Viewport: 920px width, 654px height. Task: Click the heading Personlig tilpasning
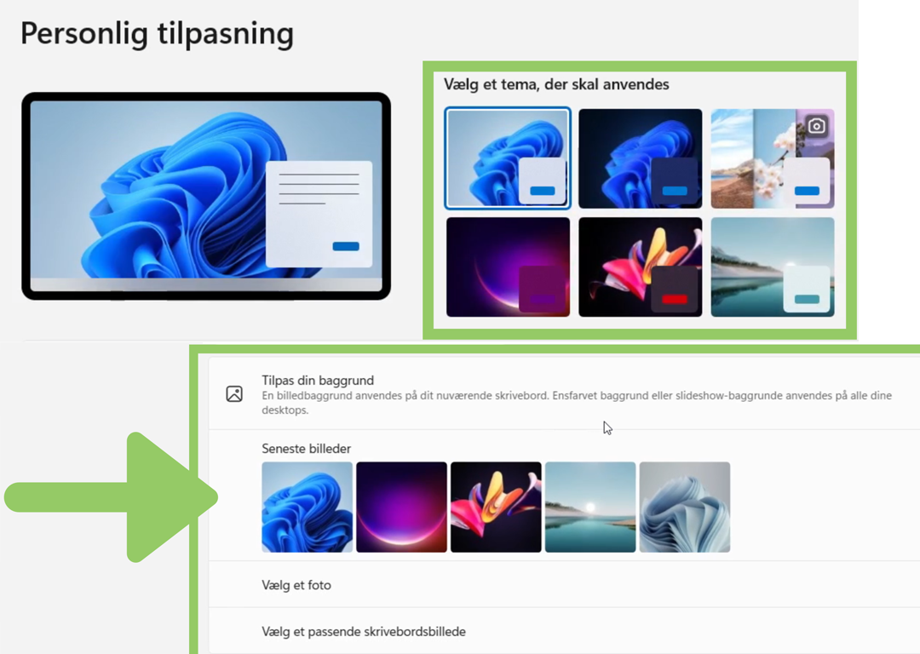[158, 33]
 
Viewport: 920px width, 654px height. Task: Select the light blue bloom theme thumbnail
[508, 158]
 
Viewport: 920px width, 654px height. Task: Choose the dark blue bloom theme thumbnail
[640, 158]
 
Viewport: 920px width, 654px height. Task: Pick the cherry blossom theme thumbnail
[772, 158]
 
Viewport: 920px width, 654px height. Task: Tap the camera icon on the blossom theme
[816, 125]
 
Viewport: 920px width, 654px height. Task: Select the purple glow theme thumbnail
[508, 267]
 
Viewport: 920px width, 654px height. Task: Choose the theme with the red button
[640, 267]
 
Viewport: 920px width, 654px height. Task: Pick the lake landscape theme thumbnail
[772, 267]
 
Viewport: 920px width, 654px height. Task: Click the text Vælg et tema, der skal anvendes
[556, 84]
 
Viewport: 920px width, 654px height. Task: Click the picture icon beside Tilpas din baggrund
[234, 393]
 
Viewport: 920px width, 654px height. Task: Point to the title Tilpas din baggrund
[318, 380]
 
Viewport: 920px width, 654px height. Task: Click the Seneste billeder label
[307, 449]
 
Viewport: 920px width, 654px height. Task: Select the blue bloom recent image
[307, 507]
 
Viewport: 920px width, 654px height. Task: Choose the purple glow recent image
[401, 507]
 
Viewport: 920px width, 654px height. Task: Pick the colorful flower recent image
[496, 507]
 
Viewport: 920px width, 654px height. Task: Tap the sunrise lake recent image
[590, 507]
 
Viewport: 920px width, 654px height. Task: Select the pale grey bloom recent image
[685, 507]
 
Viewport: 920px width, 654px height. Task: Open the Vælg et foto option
[296, 585]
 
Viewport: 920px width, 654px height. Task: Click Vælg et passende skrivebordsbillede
[364, 632]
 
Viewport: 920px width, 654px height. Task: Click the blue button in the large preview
[346, 246]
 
